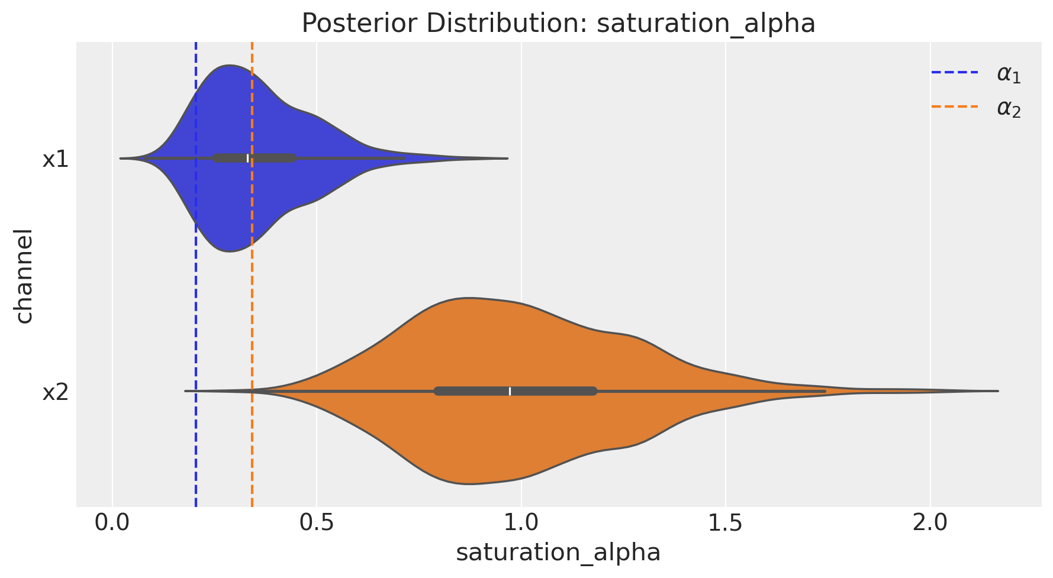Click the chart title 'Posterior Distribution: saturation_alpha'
(558, 24)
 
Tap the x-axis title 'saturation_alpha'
(558, 551)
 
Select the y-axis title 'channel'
(24, 276)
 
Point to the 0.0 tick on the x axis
(112, 524)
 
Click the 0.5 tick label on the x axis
(317, 524)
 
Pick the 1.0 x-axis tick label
(521, 524)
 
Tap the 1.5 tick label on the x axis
(726, 524)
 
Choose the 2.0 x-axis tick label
(930, 524)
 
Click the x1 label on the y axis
(56, 159)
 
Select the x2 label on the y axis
(56, 392)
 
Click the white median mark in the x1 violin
(247, 158)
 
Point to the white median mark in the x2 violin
(510, 391)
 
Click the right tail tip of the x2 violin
(997, 391)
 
